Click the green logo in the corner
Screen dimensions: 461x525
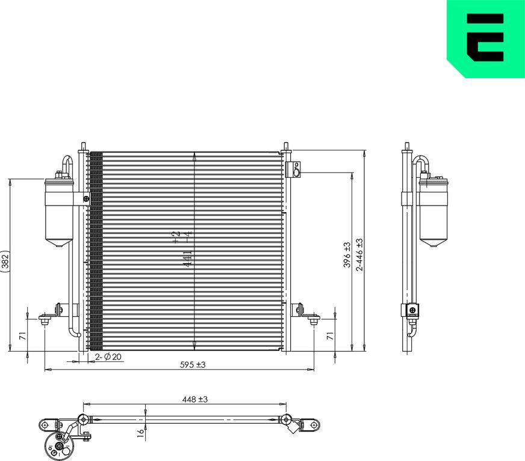tap(485, 38)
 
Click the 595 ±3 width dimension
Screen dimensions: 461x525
tap(190, 365)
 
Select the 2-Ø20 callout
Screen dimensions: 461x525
tap(108, 357)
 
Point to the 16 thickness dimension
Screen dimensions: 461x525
tap(140, 432)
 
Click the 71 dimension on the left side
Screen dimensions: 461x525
tap(22, 336)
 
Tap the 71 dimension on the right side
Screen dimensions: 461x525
tap(329, 336)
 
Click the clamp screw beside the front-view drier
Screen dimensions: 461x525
tap(87, 199)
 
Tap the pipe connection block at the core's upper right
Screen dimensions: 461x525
tap(294, 169)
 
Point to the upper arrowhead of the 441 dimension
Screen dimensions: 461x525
tap(194, 157)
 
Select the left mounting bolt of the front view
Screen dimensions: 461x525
tap(45, 322)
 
